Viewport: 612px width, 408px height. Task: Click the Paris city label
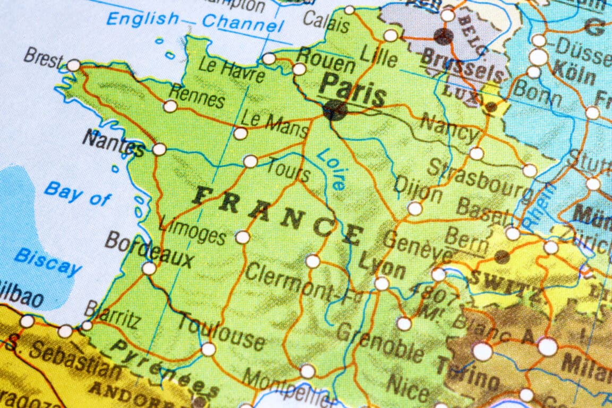tap(353, 90)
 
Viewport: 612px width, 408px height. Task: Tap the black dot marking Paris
tap(335, 110)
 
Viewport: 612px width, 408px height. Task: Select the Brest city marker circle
tap(73, 65)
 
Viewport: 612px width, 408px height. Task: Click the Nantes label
tap(114, 143)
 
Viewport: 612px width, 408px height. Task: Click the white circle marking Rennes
tap(170, 106)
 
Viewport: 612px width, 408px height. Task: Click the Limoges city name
tap(192, 229)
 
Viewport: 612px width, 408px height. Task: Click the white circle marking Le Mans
tap(241, 133)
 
